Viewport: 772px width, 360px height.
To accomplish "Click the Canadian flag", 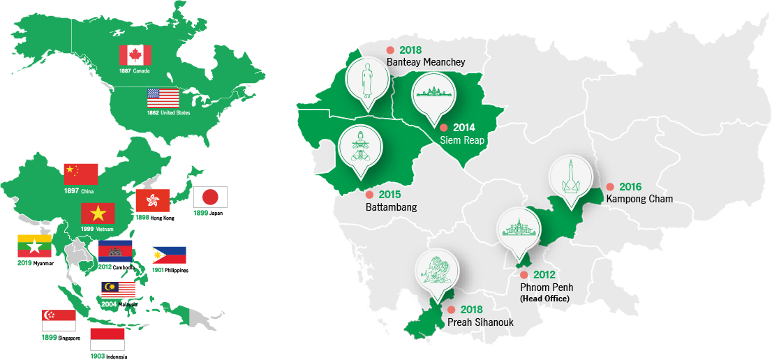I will tap(135, 56).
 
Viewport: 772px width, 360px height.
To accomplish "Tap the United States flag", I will tap(163, 98).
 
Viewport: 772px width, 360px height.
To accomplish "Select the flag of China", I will tap(81, 174).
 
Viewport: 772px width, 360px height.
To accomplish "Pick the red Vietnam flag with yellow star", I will tap(98, 213).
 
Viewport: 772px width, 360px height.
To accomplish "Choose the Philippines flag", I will tap(170, 255).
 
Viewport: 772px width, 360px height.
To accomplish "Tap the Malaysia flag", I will tap(118, 290).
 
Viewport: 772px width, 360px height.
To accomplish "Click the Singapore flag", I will tap(59, 320).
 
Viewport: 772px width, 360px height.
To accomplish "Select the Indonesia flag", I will tap(107, 340).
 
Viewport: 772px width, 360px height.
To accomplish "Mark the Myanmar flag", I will tap(34, 246).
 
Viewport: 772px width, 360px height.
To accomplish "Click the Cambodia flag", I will tap(115, 250).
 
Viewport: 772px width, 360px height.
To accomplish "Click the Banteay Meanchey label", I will tap(425, 62).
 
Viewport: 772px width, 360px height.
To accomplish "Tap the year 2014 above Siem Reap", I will tap(463, 128).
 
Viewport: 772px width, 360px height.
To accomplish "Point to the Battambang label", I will tap(391, 207).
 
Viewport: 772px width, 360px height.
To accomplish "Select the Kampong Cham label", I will tap(639, 199).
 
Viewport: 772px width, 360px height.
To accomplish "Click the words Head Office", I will tap(544, 298).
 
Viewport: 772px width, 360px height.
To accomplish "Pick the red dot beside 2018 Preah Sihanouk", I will tap(452, 310).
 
